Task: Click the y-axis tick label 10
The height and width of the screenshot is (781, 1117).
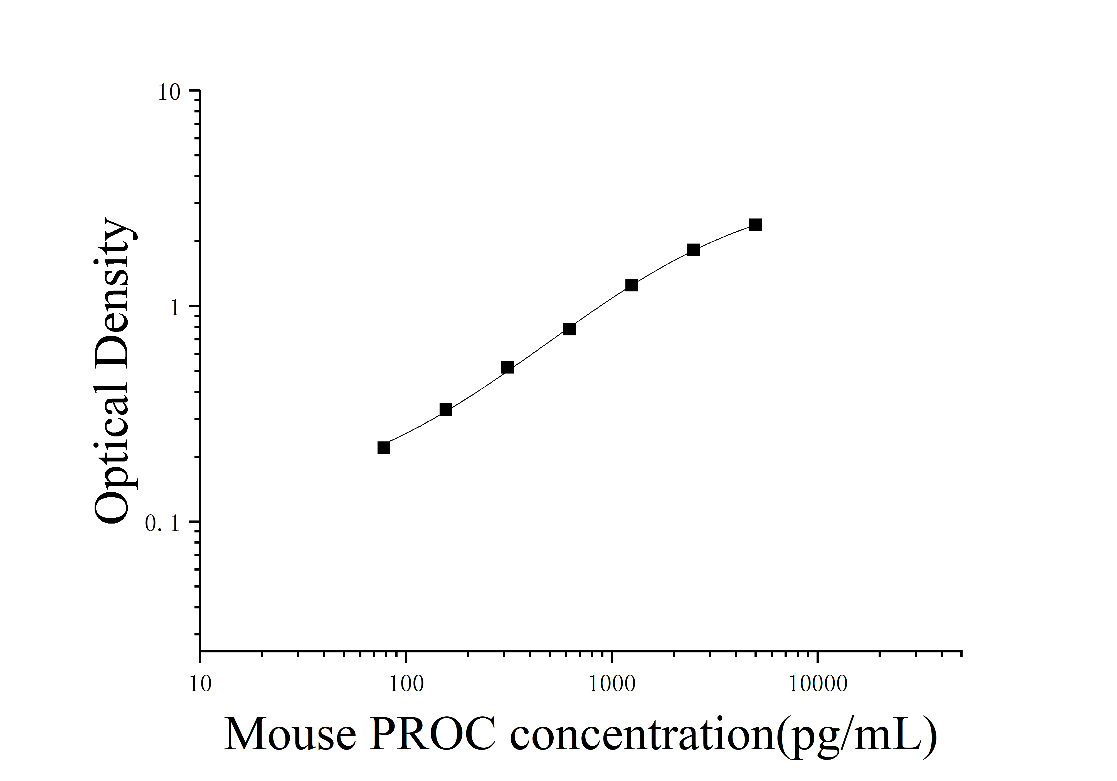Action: click(169, 92)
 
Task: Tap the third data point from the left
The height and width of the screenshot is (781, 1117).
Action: click(507, 367)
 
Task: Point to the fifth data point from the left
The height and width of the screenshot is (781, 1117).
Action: click(632, 285)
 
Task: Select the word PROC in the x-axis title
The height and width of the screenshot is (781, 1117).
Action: click(433, 735)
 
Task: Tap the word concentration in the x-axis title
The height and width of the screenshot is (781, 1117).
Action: click(642, 735)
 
